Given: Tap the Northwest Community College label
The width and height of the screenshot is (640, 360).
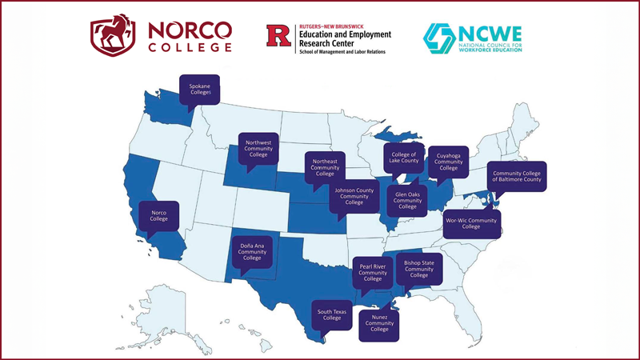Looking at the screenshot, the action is click(x=258, y=149).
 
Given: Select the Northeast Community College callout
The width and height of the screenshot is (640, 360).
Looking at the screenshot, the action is click(x=324, y=167).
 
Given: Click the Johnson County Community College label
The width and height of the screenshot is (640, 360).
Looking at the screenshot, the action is click(x=352, y=195).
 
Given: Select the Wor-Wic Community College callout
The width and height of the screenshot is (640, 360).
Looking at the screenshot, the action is click(x=471, y=222).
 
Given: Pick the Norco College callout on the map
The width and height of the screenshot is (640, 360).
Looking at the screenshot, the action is click(x=159, y=215).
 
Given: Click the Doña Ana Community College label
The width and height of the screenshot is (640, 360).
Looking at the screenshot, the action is click(x=252, y=252).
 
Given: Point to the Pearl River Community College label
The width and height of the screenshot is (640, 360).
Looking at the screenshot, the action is click(x=373, y=273).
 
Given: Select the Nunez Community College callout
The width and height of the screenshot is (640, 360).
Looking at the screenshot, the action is click(x=379, y=325).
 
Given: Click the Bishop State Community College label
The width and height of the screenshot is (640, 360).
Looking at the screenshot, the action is click(x=419, y=269).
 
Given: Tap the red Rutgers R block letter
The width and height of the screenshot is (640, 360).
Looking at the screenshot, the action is click(x=279, y=35).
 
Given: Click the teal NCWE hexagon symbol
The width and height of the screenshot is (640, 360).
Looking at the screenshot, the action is click(x=438, y=37).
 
